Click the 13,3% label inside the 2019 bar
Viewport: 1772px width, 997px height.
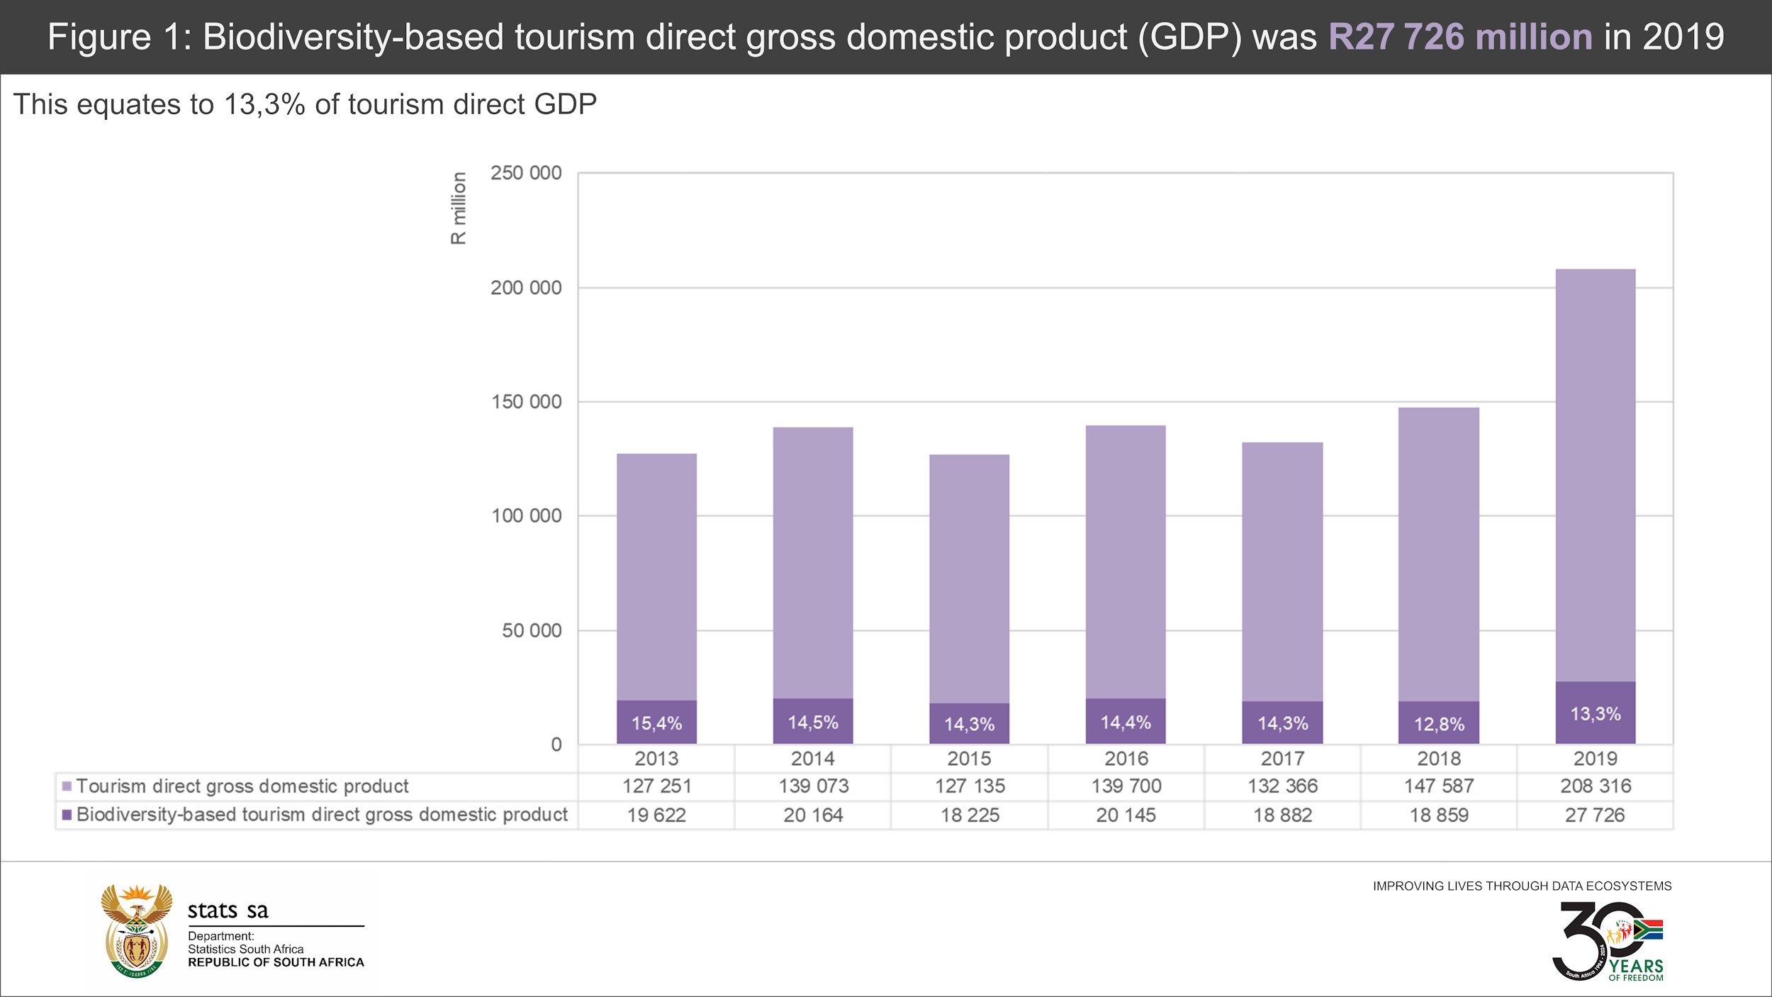1595,713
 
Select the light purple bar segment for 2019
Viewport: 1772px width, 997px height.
1595,475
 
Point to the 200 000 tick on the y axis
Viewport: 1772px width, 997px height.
526,288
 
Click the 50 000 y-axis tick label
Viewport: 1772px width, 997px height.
532,630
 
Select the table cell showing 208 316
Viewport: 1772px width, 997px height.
1596,786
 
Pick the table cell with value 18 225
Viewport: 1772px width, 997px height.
970,815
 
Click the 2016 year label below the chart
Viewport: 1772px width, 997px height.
1126,758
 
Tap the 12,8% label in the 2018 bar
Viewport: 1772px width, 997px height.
1439,724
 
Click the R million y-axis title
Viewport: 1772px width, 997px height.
459,208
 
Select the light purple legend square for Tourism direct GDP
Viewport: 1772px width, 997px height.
67,786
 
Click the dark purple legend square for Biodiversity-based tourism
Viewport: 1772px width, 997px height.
67,815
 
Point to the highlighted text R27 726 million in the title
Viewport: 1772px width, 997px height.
1460,37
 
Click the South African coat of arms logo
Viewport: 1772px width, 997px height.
137,931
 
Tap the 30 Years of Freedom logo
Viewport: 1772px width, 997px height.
1608,941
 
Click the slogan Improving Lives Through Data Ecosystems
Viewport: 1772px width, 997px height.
1522,886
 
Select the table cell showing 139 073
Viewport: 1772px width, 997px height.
813,786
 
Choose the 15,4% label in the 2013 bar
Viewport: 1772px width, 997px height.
656,723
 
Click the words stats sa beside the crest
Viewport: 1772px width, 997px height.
228,910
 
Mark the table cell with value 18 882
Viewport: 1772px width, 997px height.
1282,815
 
